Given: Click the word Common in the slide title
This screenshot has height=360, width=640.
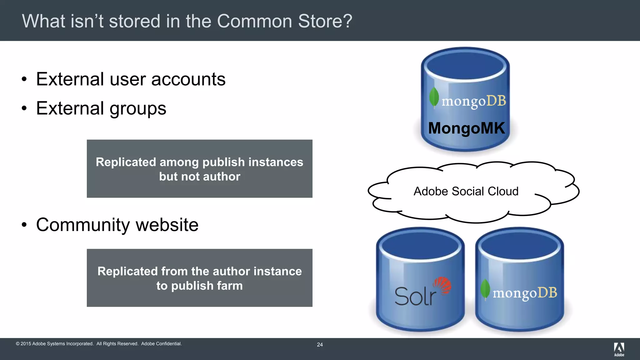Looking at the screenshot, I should click(x=254, y=21).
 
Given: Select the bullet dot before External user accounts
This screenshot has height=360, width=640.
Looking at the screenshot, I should click(x=24, y=79).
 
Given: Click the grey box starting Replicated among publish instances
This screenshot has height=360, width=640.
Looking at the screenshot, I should click(x=199, y=169).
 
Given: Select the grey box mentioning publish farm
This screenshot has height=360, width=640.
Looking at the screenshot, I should click(x=199, y=278).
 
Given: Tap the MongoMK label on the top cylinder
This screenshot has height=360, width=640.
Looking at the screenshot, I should click(x=466, y=128).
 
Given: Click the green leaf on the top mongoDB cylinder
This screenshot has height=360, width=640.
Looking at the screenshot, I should click(x=434, y=97).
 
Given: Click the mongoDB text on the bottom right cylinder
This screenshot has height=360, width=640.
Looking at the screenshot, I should click(x=525, y=293).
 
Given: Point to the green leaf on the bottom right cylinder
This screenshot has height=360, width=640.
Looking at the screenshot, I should click(x=485, y=289).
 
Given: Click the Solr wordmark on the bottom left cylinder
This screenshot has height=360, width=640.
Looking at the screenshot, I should click(x=415, y=296).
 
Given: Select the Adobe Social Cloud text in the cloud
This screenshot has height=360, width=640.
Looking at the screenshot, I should click(x=466, y=191).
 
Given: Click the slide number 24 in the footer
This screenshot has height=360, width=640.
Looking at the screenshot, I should click(x=320, y=345).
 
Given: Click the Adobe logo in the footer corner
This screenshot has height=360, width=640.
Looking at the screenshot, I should click(x=619, y=349).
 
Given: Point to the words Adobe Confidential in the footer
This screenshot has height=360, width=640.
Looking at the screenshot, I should click(x=161, y=344).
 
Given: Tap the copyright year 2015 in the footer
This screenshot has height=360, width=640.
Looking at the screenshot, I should click(x=26, y=344).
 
